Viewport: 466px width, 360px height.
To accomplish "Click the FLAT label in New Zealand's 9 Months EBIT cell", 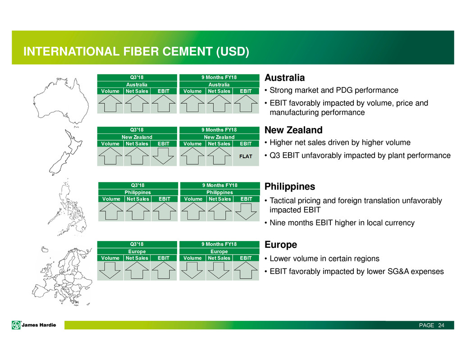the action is pyautogui.click(x=246, y=156).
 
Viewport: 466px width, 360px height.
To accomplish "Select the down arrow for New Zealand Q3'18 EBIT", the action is pyautogui.click(x=164, y=156).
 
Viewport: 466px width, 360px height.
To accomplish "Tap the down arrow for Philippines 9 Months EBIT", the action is pyautogui.click(x=246, y=211).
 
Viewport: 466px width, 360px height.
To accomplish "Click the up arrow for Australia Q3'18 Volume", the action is pyautogui.click(x=110, y=103).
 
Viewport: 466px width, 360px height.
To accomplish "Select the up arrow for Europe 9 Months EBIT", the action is pyautogui.click(x=246, y=270).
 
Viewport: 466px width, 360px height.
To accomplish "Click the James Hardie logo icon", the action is pyautogui.click(x=16, y=325).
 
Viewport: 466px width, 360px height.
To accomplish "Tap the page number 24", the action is pyautogui.click(x=441, y=325).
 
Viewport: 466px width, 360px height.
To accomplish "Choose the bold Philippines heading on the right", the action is pyautogui.click(x=290, y=187).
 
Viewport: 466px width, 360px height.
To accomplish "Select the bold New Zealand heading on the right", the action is pyautogui.click(x=293, y=130).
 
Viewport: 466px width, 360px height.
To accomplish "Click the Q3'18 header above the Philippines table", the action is pyautogui.click(x=138, y=185).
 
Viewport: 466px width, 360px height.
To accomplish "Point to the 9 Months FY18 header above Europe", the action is pyautogui.click(x=219, y=244).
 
